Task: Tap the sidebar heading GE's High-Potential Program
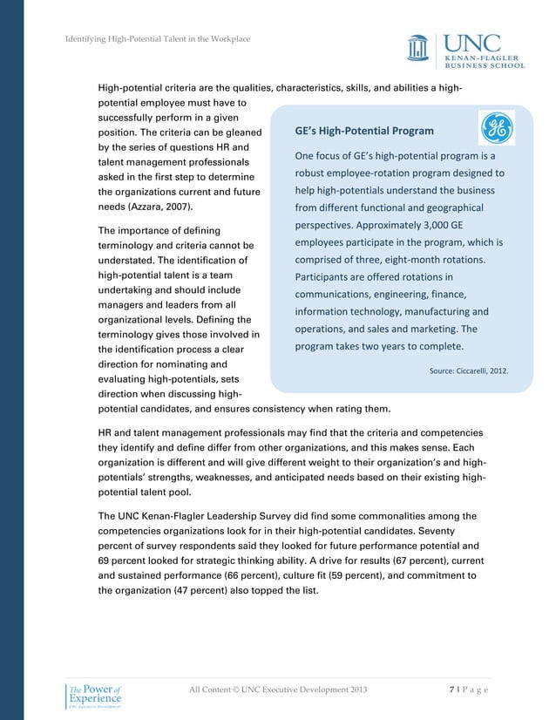(x=363, y=132)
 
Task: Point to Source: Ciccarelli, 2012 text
(x=468, y=370)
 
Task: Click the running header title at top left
(x=158, y=39)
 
